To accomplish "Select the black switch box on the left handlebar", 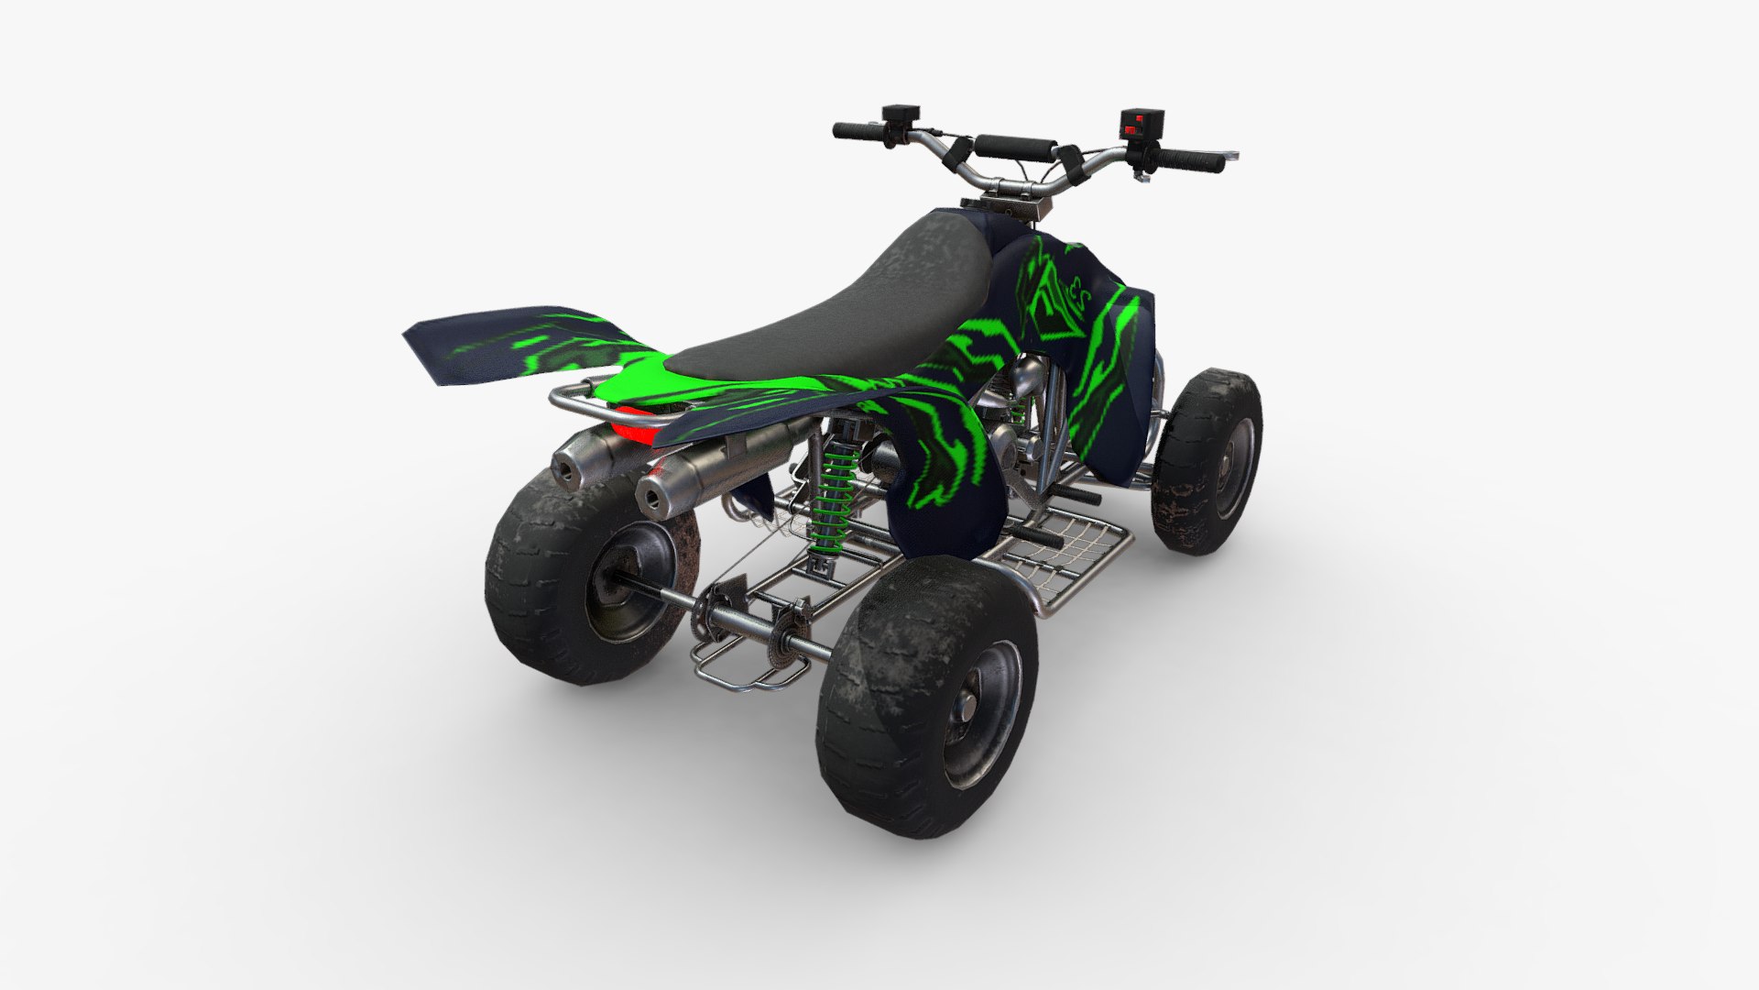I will [900, 115].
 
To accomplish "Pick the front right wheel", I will [1207, 458].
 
